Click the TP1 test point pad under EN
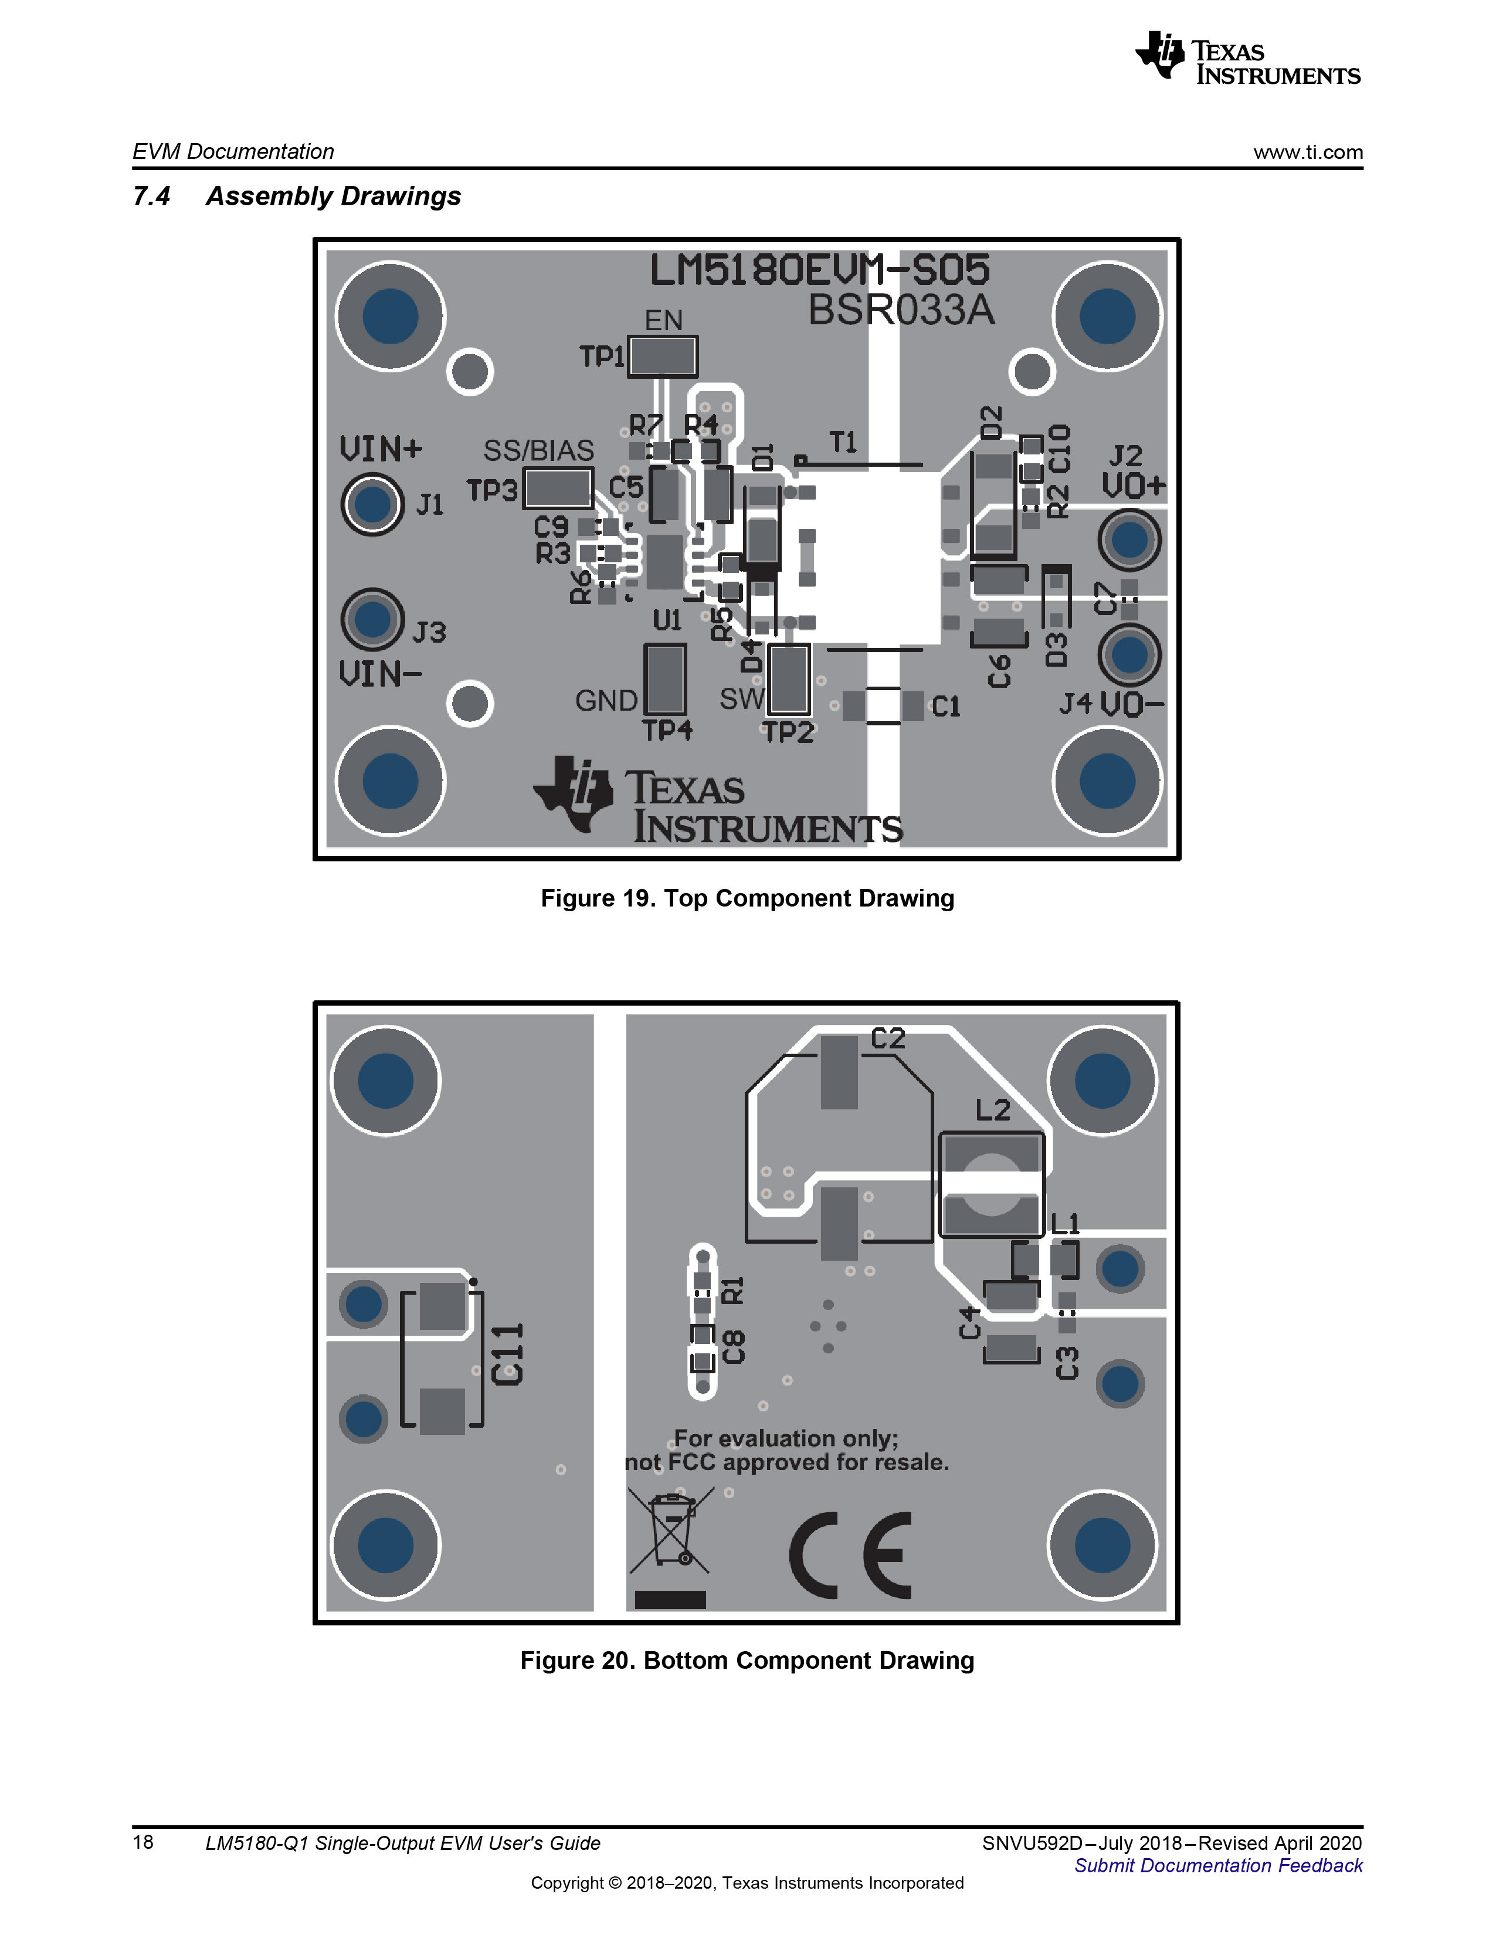coord(662,356)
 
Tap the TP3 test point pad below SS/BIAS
coord(558,488)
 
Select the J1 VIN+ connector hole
coord(372,504)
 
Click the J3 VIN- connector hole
coord(372,619)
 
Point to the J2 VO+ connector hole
coord(1129,539)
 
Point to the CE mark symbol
coord(850,1554)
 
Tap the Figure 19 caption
coord(747,898)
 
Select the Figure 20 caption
coord(747,1661)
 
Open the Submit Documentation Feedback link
coord(1219,1865)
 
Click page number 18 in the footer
coord(143,1842)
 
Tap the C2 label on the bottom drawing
coord(888,1038)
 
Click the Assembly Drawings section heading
coord(333,196)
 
